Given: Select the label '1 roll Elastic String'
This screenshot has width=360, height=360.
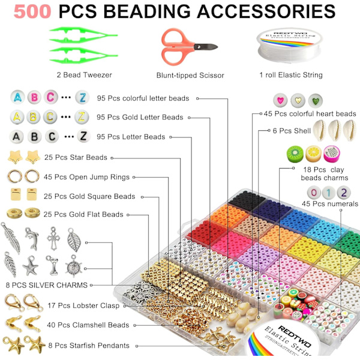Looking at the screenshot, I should click(291, 75).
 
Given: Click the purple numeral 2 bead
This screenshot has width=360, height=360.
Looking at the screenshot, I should click(343, 193).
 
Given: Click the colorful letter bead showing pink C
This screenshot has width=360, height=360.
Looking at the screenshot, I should click(52, 97).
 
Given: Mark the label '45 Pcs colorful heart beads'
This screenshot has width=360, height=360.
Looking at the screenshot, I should click(310, 113).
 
